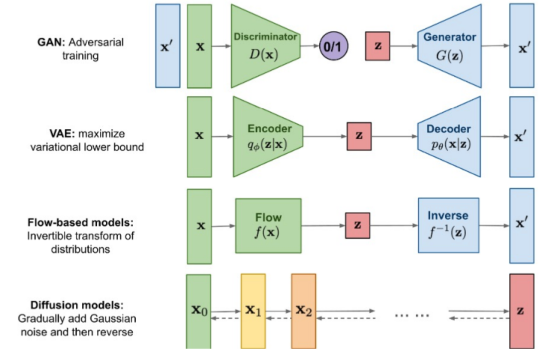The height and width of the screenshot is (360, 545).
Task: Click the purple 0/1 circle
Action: tap(334, 46)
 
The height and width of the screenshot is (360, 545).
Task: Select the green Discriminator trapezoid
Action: tap(266, 46)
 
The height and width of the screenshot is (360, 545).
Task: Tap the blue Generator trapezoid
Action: tap(449, 46)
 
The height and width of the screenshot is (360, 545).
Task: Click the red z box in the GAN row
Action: tap(377, 46)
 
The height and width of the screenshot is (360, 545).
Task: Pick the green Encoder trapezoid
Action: tap(268, 137)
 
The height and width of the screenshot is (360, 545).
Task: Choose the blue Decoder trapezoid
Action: tap(449, 137)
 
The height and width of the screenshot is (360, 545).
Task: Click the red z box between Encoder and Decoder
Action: tap(359, 136)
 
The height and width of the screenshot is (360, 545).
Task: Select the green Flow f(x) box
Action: tap(269, 226)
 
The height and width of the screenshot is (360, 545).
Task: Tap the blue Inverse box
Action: tap(448, 225)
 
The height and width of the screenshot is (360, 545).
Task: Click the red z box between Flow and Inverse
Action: tap(358, 226)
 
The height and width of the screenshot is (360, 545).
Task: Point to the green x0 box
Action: tap(199, 311)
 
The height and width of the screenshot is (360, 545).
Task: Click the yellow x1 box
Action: tap(254, 311)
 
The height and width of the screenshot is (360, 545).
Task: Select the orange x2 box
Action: tap(304, 311)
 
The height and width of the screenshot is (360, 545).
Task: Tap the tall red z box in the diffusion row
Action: tap(522, 311)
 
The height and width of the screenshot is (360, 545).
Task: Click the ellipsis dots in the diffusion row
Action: tap(412, 316)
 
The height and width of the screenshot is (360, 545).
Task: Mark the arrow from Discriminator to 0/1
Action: tap(310, 45)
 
